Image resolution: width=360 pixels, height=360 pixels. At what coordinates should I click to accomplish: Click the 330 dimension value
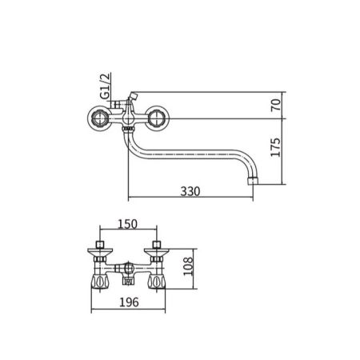(190, 191)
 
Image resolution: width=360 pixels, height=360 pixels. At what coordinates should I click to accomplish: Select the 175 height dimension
(276, 151)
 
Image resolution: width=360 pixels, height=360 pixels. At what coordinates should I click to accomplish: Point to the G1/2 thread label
(103, 86)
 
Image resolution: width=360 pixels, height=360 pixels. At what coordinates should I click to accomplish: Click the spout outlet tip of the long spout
(254, 179)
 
